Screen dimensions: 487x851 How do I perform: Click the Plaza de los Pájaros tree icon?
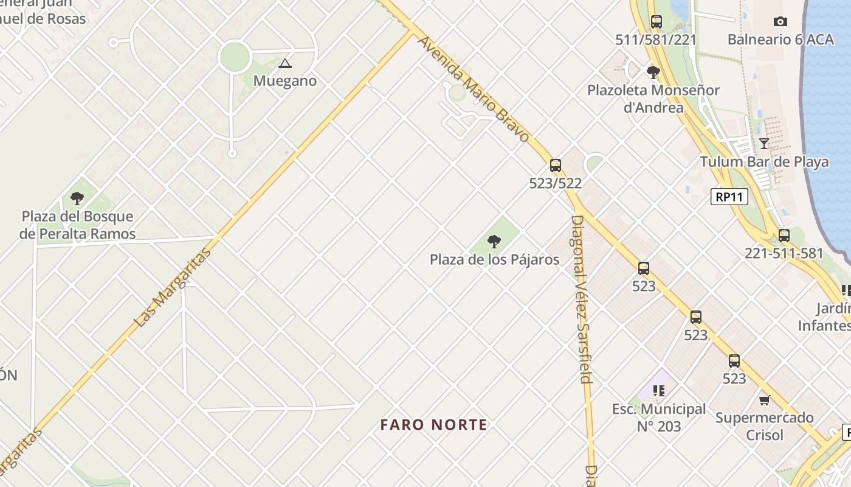point(494,242)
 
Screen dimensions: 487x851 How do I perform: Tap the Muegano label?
point(285,81)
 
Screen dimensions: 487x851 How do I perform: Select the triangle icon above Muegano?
point(284,63)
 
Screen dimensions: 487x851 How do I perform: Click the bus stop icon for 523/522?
point(556,165)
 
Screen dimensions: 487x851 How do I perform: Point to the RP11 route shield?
point(729,197)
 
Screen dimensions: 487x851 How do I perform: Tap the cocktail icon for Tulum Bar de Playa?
point(764,144)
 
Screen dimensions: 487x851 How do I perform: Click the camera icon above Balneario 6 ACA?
point(780,22)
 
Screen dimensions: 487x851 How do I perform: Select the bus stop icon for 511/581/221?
point(656,22)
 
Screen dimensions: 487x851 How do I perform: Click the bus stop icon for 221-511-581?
point(784,236)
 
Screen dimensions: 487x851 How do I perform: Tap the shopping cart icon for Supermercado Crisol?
point(764,400)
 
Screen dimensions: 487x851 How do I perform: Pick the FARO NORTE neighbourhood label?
point(434,425)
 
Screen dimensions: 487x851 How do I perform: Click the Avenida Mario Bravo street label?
point(474,88)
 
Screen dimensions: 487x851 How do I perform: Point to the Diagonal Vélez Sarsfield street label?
point(581,298)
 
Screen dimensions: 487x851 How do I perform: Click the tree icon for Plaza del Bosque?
point(77,198)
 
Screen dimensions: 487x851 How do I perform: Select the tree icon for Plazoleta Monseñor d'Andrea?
point(653,72)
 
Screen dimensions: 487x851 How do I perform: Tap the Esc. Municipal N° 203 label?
point(659,418)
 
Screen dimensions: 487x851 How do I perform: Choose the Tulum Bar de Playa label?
point(764,162)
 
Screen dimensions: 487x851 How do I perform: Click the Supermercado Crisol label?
point(764,426)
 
